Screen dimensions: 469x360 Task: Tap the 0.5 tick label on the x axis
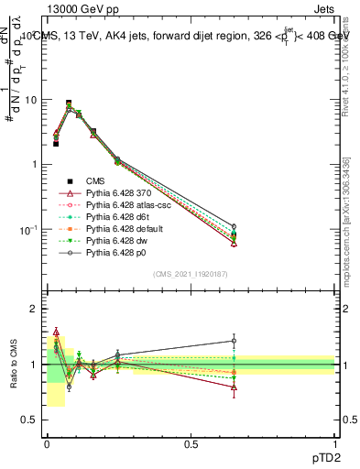(191, 442)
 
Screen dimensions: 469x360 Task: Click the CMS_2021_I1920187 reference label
(191, 274)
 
